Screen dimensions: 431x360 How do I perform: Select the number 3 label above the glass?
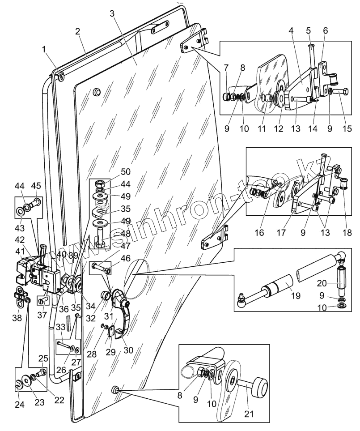tap(112, 13)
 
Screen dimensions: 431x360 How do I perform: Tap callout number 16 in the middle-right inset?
tap(260, 233)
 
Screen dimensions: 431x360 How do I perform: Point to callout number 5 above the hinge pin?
tap(308, 31)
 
